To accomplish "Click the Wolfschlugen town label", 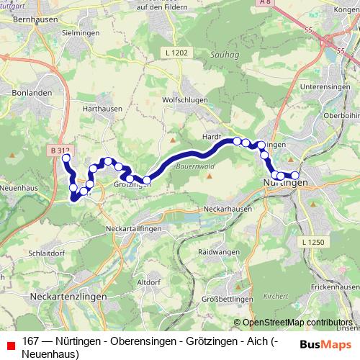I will pyautogui.click(x=184, y=100).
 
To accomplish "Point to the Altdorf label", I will pyautogui.click(x=148, y=281).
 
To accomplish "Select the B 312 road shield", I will pyautogui.click(x=61, y=150).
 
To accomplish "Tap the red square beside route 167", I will pyautogui.click(x=9, y=343).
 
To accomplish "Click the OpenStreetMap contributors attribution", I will pyautogui.click(x=296, y=322).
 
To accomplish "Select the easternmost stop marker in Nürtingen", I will pyautogui.click(x=294, y=176).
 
